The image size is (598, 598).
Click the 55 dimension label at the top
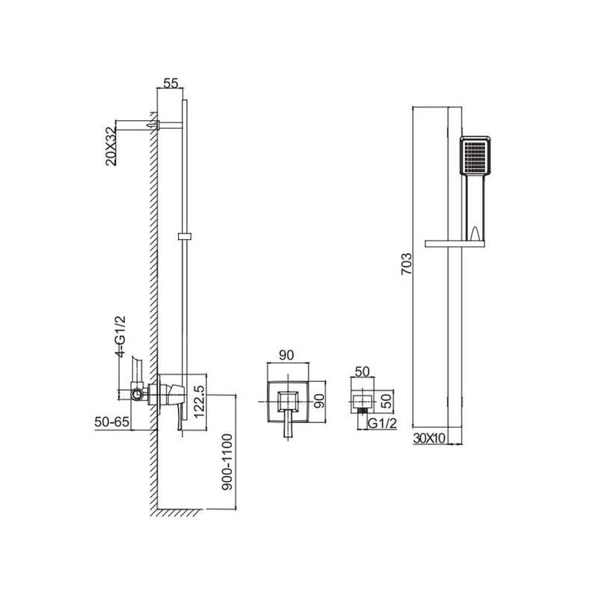pos(170,83)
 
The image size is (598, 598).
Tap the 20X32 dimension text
pos(111,147)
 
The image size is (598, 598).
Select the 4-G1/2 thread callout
pos(120,336)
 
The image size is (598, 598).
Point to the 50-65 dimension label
pos(112,422)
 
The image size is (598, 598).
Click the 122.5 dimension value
pos(200,401)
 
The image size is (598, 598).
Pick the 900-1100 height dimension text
pos(227,462)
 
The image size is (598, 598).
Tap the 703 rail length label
pos(407,264)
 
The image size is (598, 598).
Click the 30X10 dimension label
pos(429,439)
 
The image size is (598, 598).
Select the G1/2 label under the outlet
pos(382,423)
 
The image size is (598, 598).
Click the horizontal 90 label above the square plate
pos(286,355)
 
